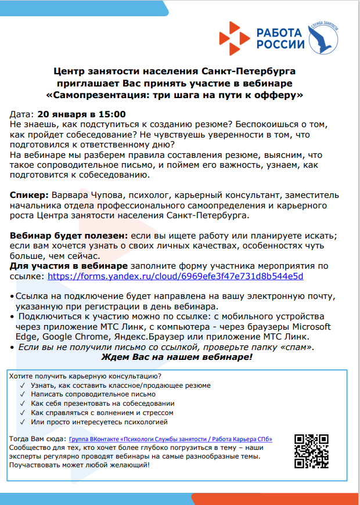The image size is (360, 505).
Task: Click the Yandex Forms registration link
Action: coord(175,277)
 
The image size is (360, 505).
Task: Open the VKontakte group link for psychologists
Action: coord(171,439)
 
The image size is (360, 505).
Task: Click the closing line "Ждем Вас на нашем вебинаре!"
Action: coord(177,357)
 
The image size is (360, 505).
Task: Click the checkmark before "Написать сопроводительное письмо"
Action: coord(22,394)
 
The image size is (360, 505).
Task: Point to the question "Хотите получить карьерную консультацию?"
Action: coord(85,376)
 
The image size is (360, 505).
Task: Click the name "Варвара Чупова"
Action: coord(85,195)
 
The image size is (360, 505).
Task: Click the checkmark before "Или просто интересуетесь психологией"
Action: coord(22,421)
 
